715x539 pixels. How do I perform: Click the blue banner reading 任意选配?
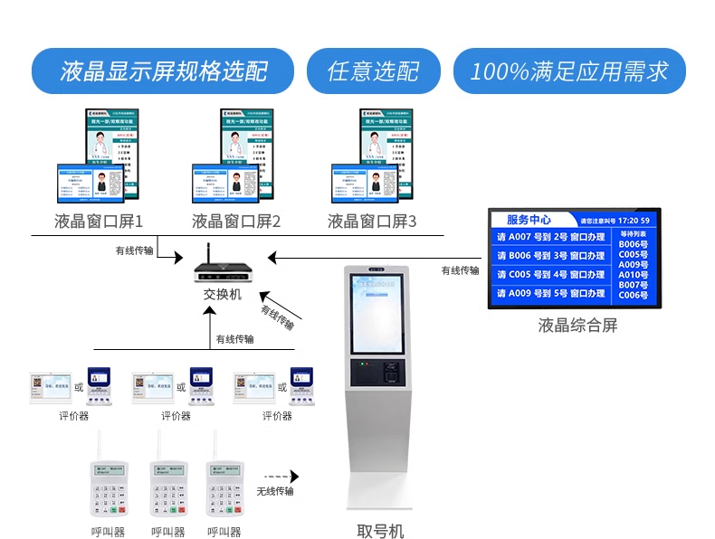click(x=373, y=71)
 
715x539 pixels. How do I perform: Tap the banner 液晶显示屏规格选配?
click(x=164, y=71)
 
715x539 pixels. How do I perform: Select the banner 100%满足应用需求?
click(x=569, y=71)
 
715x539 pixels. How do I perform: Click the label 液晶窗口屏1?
click(x=99, y=222)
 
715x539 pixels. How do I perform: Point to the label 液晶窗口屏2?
click(x=236, y=222)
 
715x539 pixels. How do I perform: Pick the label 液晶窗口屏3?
click(x=372, y=222)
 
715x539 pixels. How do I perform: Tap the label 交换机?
click(x=222, y=295)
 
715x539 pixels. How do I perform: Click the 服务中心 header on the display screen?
click(x=529, y=220)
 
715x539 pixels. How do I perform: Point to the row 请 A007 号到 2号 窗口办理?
click(x=550, y=237)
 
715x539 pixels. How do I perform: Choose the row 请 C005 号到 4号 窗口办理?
click(x=550, y=275)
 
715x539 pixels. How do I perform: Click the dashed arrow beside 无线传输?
click(x=281, y=477)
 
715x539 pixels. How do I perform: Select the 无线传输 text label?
click(x=274, y=491)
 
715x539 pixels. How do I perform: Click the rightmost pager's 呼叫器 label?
click(x=224, y=532)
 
